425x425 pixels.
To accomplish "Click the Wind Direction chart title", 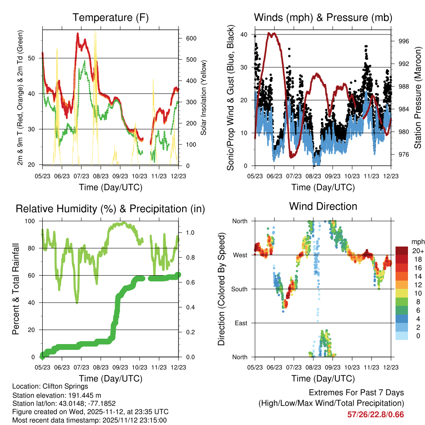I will pyautogui.click(x=323, y=206).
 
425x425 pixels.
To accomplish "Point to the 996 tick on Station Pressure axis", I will pyautogui.click(x=404, y=41).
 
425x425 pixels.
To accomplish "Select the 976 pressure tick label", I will pyautogui.click(x=404, y=154).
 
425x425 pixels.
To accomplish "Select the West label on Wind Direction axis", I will pyautogui.click(x=239, y=255).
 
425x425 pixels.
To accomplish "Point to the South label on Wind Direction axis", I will pyautogui.click(x=239, y=289).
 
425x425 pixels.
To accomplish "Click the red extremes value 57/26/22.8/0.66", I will pyautogui.click(x=376, y=415).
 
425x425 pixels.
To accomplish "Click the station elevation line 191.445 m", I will pyautogui.click(x=57, y=395).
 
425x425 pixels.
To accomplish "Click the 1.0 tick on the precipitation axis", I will pyautogui.click(x=188, y=232).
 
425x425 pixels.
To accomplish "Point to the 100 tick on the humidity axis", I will pyautogui.click(x=34, y=221).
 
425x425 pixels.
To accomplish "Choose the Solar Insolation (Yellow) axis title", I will pyautogui.click(x=204, y=98).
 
